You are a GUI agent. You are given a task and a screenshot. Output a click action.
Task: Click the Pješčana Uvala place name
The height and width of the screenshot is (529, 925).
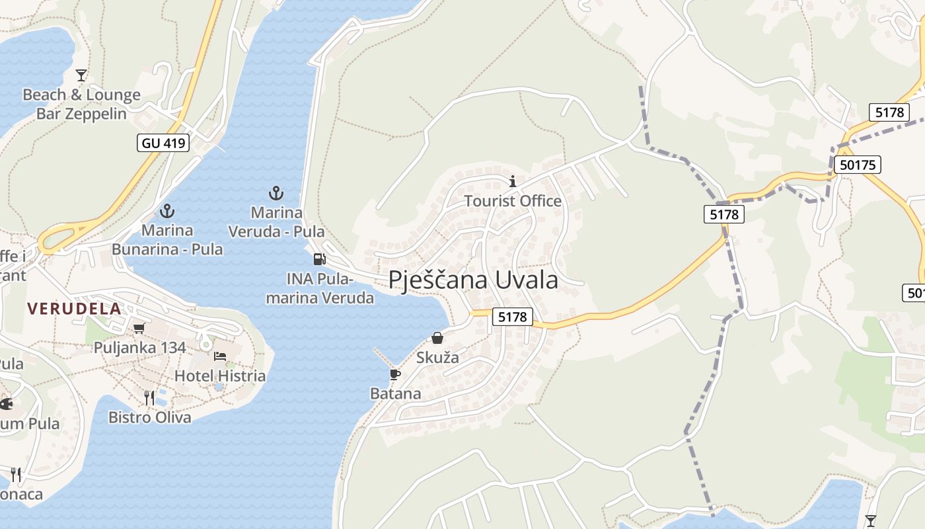click(x=473, y=280)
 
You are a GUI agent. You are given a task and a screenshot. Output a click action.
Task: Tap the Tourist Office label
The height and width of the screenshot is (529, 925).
click(x=513, y=201)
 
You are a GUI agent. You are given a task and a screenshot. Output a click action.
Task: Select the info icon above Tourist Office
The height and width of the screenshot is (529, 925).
click(x=513, y=181)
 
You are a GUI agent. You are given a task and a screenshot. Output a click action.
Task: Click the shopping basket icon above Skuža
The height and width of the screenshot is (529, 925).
click(x=437, y=339)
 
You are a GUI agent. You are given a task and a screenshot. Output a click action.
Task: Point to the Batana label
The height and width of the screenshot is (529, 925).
click(x=395, y=393)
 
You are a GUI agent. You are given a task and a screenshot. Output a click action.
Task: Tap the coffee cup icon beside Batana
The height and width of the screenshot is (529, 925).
click(x=395, y=375)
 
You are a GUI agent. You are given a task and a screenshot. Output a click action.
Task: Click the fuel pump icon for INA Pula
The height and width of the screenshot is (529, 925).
click(x=319, y=259)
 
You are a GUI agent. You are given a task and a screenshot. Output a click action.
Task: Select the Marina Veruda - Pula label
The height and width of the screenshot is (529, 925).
click(x=276, y=222)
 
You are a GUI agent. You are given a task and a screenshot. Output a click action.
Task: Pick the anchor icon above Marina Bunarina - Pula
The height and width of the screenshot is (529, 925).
click(x=167, y=212)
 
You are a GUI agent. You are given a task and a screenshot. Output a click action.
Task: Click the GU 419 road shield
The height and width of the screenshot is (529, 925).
click(x=163, y=142)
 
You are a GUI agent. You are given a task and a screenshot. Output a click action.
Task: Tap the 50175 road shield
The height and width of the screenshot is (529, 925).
click(x=858, y=165)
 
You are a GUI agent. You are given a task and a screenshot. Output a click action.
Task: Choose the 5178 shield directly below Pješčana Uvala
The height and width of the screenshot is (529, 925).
click(x=513, y=317)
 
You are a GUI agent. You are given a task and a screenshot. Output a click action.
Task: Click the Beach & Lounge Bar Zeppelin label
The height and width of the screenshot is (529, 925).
click(x=81, y=104)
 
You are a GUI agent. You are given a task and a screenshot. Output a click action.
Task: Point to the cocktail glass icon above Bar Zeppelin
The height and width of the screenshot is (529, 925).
click(x=81, y=75)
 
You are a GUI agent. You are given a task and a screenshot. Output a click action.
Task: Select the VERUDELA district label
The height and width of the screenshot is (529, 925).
click(x=75, y=308)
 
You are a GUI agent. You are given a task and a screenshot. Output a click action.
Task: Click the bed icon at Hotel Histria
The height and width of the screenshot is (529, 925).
click(x=220, y=356)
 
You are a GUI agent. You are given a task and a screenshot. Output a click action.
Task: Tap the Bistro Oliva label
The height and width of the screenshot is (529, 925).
click(x=150, y=417)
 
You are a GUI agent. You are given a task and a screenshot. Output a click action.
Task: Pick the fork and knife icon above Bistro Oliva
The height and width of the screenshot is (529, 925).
click(x=150, y=397)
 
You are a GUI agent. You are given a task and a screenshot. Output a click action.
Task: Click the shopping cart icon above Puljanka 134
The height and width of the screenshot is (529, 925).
click(x=139, y=328)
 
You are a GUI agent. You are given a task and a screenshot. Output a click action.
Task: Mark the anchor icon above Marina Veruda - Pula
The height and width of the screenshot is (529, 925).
click(x=276, y=193)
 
